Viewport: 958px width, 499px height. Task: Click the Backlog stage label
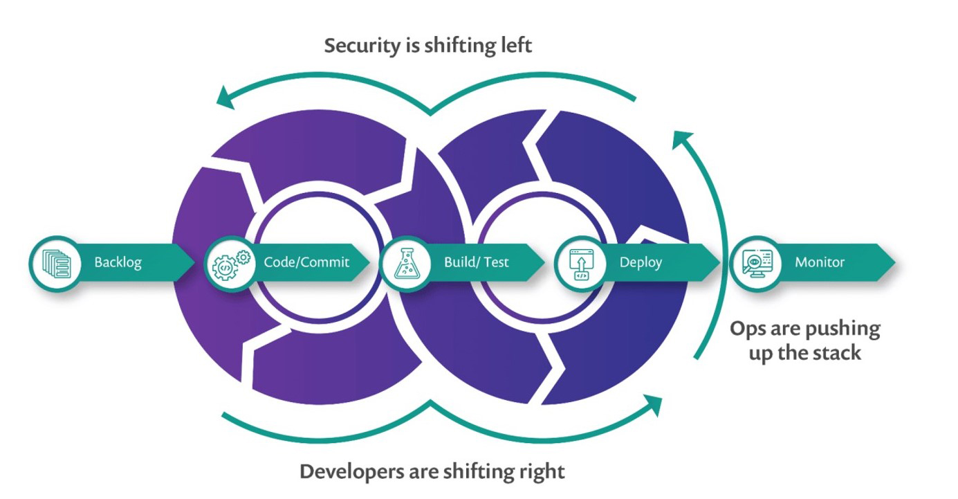pos(118,263)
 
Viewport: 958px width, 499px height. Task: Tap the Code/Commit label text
pos(306,263)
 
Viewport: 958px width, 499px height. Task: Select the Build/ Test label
pos(476,263)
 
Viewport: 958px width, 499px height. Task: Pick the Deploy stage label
pos(641,263)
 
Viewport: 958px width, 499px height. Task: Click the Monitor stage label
pos(820,263)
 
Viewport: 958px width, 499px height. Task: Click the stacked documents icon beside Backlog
pos(56,264)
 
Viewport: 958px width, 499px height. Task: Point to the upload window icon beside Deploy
pos(580,264)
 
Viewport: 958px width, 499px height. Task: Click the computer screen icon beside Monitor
pos(755,264)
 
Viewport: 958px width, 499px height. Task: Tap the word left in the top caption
pos(516,46)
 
